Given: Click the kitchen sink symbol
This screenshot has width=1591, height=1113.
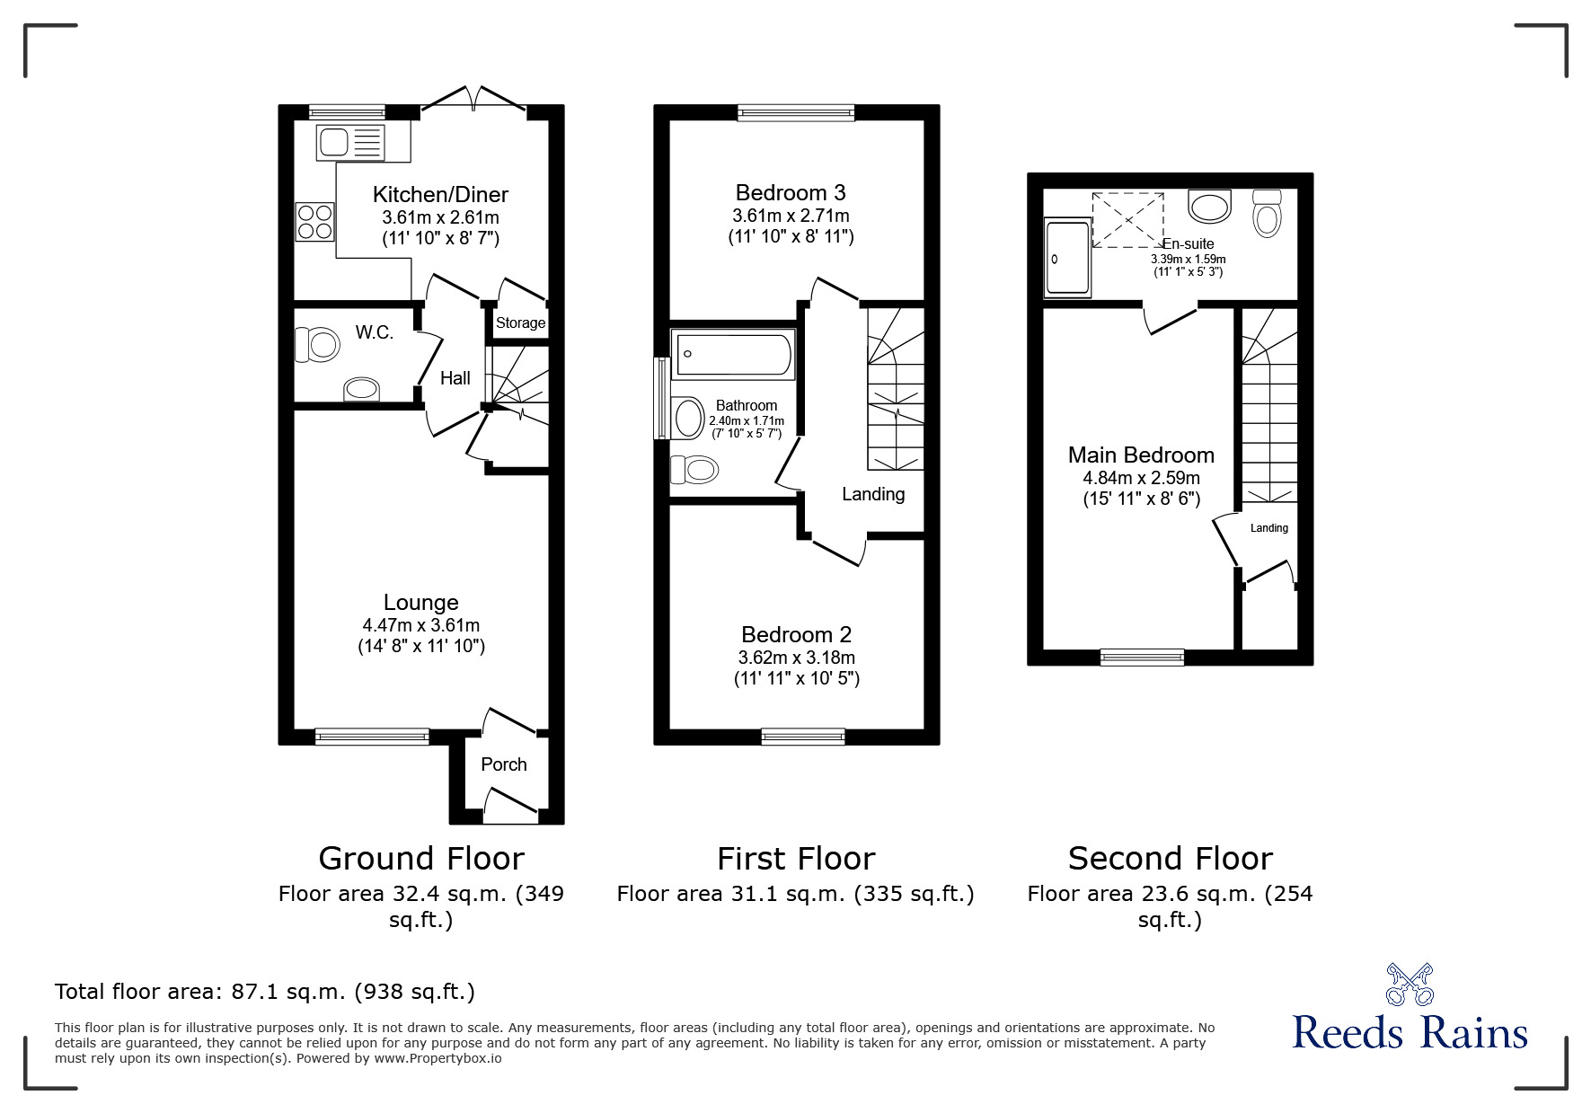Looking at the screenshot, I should click(x=351, y=143).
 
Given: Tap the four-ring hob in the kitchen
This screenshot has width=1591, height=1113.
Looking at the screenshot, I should click(x=314, y=221).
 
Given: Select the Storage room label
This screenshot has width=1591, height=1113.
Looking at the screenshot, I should click(x=520, y=323).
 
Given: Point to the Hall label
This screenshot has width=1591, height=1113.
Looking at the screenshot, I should click(x=455, y=378).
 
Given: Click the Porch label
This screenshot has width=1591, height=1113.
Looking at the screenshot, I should click(x=503, y=764).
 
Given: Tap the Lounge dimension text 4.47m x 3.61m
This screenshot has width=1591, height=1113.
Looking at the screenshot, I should click(x=420, y=625).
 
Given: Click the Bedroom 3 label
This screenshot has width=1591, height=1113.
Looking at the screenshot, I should click(x=790, y=192).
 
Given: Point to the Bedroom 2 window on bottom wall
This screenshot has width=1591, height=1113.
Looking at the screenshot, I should click(x=803, y=737).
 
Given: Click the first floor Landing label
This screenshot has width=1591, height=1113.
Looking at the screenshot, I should click(x=872, y=494).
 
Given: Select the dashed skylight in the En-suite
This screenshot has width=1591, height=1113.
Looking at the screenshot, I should click(x=1127, y=219).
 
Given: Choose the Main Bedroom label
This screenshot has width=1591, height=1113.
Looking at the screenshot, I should click(x=1141, y=455).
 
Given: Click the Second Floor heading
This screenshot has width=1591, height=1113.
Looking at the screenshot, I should click(x=1170, y=859).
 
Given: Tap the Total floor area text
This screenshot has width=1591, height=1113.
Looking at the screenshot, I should click(x=265, y=992).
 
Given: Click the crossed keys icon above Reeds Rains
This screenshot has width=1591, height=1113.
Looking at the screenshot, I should click(x=1410, y=984).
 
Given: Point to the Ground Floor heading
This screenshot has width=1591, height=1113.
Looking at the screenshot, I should click(x=420, y=859).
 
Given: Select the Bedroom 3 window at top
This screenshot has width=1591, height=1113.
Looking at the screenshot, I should click(x=796, y=112).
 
